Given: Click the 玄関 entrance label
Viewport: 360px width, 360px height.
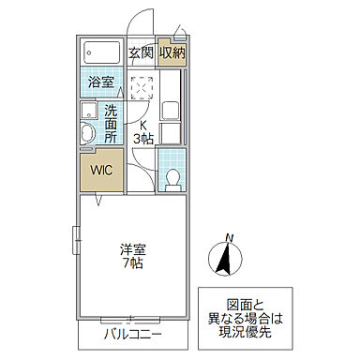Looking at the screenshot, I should click(x=142, y=52).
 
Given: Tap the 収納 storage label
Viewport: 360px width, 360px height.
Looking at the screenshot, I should click(x=172, y=52).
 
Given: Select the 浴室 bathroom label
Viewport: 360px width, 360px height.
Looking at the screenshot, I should click(x=101, y=82).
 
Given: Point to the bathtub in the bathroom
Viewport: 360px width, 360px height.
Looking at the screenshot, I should click(x=102, y=52).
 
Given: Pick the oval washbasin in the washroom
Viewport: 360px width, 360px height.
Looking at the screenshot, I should click(x=86, y=132).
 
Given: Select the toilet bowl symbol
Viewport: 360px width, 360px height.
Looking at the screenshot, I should click(x=172, y=175).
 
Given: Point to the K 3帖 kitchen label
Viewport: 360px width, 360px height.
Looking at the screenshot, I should click(x=143, y=132).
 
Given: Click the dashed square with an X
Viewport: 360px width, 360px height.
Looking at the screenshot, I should click(x=140, y=87).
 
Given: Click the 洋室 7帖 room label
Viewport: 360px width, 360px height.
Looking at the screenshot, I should click(x=132, y=257).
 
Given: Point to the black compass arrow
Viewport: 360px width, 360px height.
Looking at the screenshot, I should click(x=224, y=259).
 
